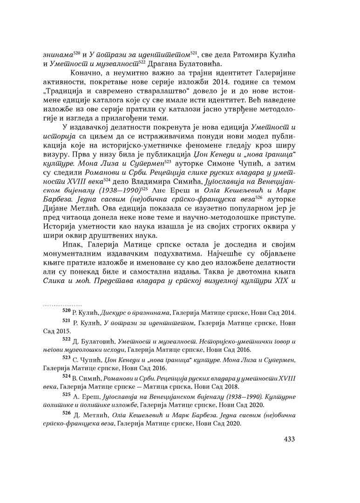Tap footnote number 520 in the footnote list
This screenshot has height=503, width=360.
pyautogui.click(x=61, y=311)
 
